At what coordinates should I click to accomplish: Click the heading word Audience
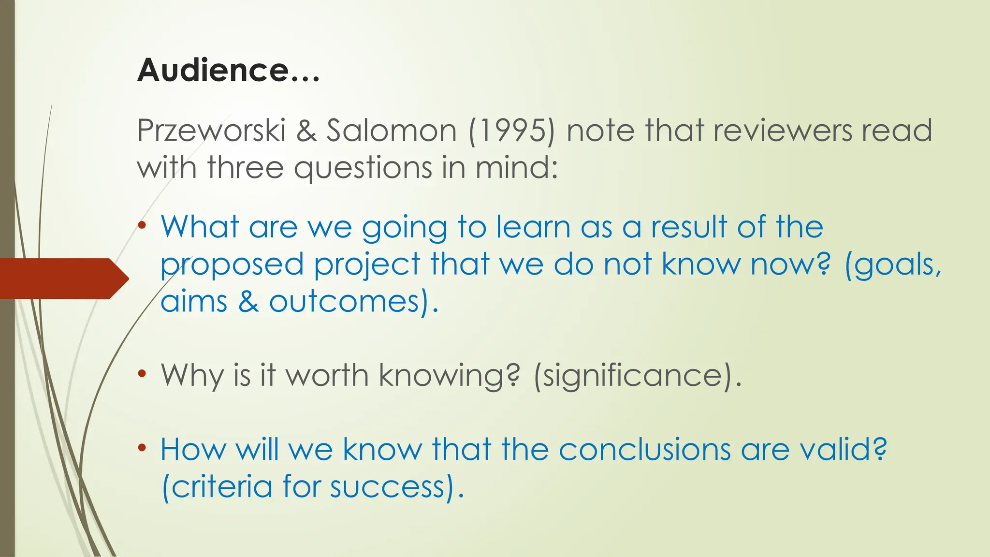[213, 71]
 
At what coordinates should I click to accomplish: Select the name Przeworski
[211, 131]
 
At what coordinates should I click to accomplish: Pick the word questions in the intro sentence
[363, 168]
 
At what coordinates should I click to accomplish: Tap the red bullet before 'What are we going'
[142, 225]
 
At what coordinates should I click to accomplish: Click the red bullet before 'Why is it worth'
[142, 373]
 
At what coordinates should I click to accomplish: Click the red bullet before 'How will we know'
[142, 448]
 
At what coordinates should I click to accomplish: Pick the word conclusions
[644, 449]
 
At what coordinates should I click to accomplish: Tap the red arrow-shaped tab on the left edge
[63, 278]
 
